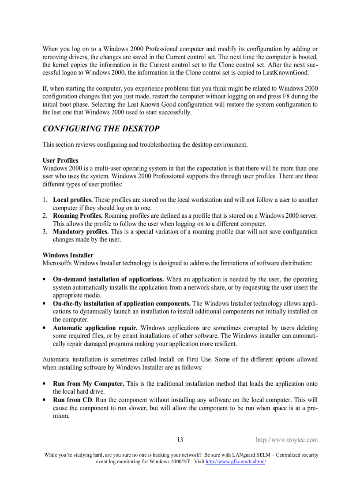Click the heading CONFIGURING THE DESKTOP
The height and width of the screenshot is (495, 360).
101,129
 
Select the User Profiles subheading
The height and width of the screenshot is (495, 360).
60,160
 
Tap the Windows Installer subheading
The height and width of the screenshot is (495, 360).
68,255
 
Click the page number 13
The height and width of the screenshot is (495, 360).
180,440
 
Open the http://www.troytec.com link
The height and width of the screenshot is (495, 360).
287,440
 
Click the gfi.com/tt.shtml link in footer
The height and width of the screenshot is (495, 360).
235,462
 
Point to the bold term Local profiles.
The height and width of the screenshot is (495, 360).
73,200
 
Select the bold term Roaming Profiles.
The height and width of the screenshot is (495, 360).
78,216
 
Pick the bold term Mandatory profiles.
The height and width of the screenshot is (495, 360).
81,232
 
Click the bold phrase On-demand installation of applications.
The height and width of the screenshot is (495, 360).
109,279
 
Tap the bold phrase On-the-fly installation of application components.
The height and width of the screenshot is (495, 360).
122,304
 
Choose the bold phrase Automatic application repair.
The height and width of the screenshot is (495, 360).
95,328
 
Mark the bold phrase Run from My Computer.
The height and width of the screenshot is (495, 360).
88,384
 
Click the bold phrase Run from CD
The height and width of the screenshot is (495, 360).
73,400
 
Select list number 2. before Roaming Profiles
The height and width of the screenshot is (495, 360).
45,216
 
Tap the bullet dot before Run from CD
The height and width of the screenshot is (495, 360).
45,400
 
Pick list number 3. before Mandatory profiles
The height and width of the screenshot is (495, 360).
45,232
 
